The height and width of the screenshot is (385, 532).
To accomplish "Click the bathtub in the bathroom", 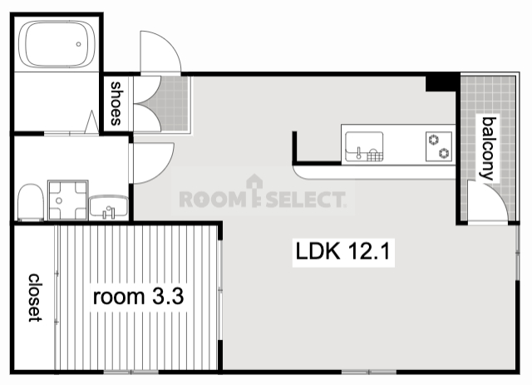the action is pos(57,44).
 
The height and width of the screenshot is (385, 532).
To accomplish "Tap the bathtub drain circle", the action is pos(78,44).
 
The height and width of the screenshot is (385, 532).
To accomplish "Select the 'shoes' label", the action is pos(116,104).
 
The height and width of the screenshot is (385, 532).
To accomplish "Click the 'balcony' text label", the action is pos(489,148).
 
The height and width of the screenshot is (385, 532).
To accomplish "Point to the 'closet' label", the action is pos(35,298).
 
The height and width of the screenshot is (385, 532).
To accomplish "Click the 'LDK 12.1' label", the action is pos(343,252).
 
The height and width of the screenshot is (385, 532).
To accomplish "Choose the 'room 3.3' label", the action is pos(139,296).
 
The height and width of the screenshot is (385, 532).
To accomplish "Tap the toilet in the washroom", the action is pos(31,203).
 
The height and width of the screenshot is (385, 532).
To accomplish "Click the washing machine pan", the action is pos(68,200).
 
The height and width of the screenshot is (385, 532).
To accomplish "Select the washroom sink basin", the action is pos(109,206).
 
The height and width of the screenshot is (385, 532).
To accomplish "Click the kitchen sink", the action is pos(364,146).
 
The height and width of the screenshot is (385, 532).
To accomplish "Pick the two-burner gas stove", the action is pos(439,146).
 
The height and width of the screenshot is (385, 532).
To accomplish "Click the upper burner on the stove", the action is pos(434,140).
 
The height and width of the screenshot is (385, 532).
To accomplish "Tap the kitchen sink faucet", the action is pos(358,153).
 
